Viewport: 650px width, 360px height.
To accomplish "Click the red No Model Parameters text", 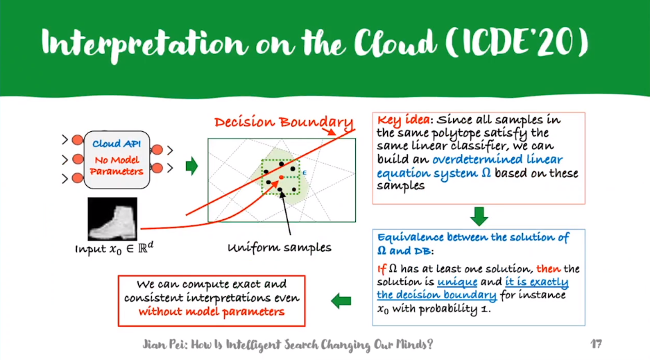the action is coord(117,166).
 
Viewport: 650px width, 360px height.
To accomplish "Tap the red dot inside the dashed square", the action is coord(281,178).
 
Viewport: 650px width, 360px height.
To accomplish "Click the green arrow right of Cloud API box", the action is coord(191,166).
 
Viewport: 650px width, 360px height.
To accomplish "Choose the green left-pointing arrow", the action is coord(341,300).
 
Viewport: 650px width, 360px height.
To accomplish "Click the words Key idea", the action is coord(400,120).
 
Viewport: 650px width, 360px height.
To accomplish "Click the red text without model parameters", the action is coord(211,311).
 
